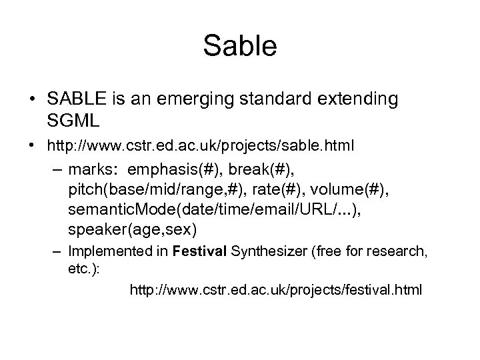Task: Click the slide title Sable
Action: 240,47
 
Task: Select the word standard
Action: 293,99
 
